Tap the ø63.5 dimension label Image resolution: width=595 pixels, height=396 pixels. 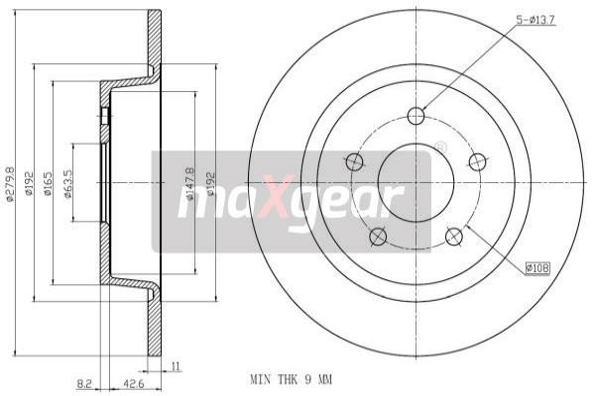pos(68,183)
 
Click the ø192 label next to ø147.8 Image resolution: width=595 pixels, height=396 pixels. pos(209,183)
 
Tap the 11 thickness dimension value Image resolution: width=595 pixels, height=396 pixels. pos(175,365)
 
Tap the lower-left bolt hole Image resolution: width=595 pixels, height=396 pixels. pos(377,237)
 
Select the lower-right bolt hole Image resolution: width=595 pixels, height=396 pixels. pos(454,237)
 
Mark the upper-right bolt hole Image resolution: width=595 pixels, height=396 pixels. pos(478,161)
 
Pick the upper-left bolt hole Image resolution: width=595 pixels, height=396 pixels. pos(353,161)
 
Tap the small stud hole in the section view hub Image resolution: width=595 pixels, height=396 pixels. pos(105,116)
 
